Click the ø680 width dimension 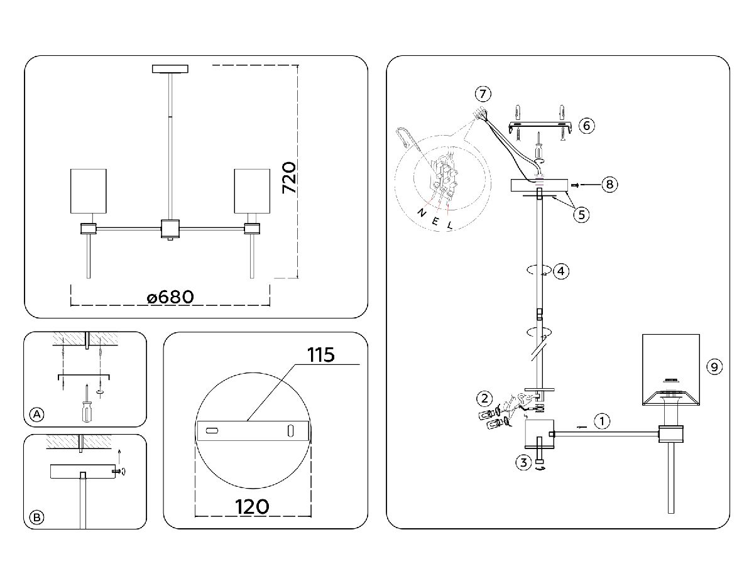(170, 297)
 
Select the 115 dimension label (321, 354)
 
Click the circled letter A (37, 414)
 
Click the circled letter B (37, 517)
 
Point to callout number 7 (482, 95)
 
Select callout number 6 (586, 126)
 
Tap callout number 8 (608, 185)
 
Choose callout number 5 (581, 214)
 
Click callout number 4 (561, 271)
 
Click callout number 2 (483, 398)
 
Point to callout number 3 (523, 463)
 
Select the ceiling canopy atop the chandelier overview (170, 69)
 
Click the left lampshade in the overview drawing (87, 191)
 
